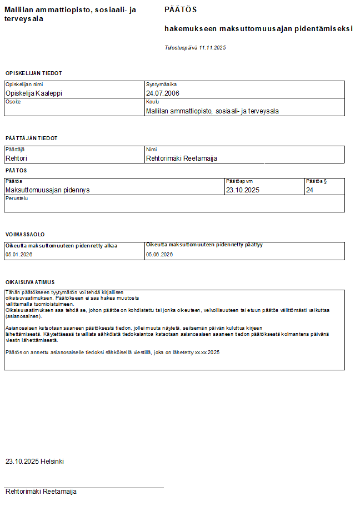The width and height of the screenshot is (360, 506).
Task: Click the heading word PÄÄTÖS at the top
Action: pyautogui.click(x=181, y=10)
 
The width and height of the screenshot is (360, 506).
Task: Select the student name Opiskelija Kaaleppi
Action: pyautogui.click(x=33, y=93)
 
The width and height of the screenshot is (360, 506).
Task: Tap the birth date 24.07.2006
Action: pyautogui.click(x=163, y=93)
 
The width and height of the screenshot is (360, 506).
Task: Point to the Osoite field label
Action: pyautogui.click(x=13, y=102)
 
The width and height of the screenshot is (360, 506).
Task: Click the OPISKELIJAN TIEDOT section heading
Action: pyautogui.click(x=33, y=73)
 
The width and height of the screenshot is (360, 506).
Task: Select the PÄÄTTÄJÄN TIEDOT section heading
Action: pyautogui.click(x=31, y=138)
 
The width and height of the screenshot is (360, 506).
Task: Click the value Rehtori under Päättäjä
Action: pyautogui.click(x=16, y=158)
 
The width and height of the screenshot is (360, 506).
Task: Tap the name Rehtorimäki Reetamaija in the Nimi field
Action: pyautogui.click(x=181, y=158)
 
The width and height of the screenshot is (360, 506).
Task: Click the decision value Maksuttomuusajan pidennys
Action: pyautogui.click(x=47, y=190)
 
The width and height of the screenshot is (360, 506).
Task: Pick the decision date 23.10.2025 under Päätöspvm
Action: pyautogui.click(x=243, y=190)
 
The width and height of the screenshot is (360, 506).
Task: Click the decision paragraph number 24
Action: pyautogui.click(x=310, y=190)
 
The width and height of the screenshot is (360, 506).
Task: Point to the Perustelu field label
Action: pyautogui.click(x=16, y=199)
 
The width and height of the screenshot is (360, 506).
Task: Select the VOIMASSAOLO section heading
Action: pyautogui.click(x=25, y=235)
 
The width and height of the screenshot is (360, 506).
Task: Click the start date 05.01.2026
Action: pyautogui.click(x=19, y=254)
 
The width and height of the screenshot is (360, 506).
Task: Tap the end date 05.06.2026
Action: pyautogui.click(x=159, y=254)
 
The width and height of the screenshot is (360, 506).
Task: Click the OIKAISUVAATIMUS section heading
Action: pyautogui.click(x=30, y=282)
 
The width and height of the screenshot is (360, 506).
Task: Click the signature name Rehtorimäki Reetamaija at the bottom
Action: pyautogui.click(x=41, y=492)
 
